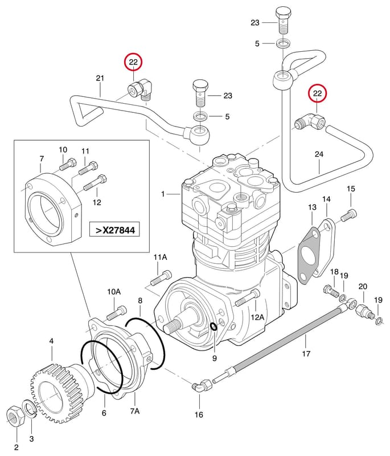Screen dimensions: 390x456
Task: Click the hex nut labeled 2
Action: (x=16, y=416)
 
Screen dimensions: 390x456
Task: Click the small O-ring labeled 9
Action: (x=213, y=327)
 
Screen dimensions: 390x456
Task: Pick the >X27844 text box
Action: (x=114, y=230)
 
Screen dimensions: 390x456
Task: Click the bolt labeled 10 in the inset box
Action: (x=68, y=164)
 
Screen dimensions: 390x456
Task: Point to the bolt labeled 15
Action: (x=349, y=215)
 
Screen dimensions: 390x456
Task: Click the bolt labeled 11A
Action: (x=161, y=278)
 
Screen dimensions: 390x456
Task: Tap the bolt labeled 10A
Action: (x=117, y=312)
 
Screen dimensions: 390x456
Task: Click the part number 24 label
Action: (x=319, y=154)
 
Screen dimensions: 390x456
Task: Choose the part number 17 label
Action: (x=306, y=353)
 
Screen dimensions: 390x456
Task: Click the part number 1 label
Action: (x=163, y=194)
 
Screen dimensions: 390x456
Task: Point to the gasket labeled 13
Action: (x=309, y=256)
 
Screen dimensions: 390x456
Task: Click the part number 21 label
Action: (x=100, y=78)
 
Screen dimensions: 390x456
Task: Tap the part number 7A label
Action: (x=135, y=411)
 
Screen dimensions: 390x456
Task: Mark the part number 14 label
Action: (x=326, y=199)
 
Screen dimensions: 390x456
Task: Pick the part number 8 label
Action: (x=140, y=300)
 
